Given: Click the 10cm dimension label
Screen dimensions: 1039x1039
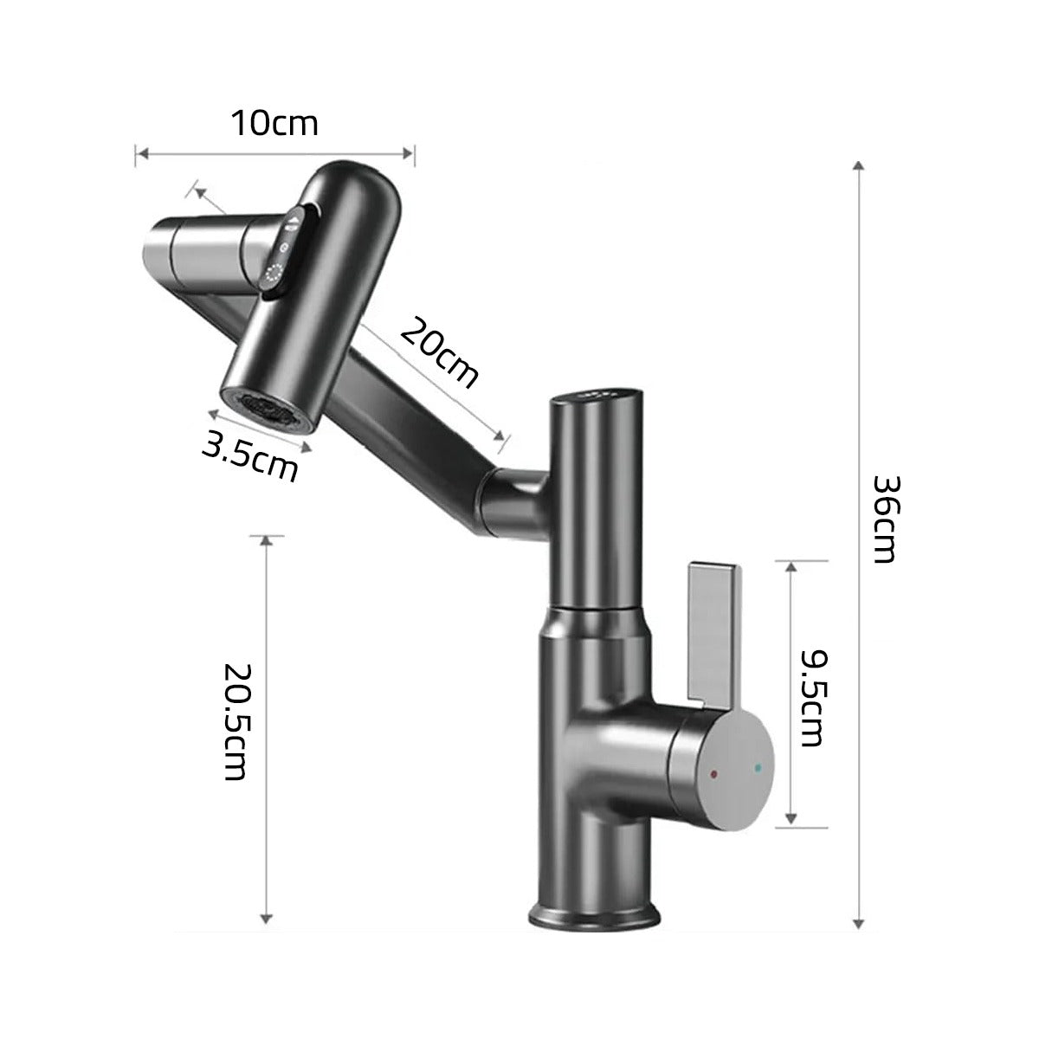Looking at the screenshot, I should tap(274, 123).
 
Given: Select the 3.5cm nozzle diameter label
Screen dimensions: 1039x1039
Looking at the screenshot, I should tap(249, 456).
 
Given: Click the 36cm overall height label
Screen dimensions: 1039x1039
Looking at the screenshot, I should tap(884, 519).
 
